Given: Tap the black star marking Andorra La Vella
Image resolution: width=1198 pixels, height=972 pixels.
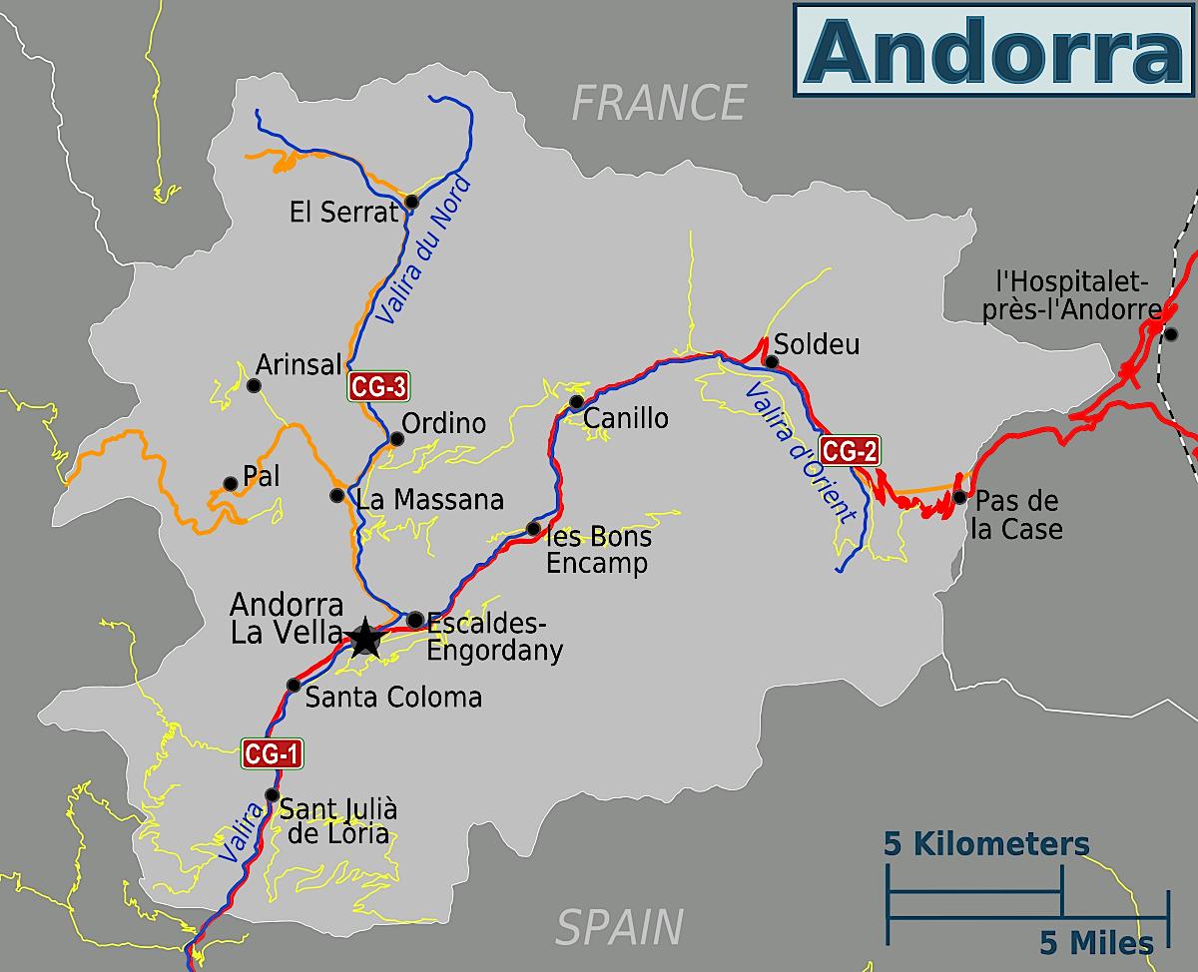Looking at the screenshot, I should point(365,636).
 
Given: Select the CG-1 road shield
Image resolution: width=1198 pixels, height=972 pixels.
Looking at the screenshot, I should point(272,754).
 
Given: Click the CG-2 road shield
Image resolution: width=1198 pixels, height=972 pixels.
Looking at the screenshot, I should point(849,451).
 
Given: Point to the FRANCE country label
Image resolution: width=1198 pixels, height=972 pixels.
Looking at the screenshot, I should point(659,103).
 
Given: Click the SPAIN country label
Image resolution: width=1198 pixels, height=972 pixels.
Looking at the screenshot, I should point(620,926).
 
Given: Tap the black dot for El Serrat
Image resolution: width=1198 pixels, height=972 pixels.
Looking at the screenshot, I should point(411,203).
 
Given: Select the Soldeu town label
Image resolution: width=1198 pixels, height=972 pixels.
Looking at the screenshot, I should point(817,345).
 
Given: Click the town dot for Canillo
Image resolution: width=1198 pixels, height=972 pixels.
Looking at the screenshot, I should point(576,402).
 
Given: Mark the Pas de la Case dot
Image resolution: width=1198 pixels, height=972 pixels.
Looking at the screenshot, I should point(959,497).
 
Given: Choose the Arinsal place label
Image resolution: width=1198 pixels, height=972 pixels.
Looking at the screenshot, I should point(299,364).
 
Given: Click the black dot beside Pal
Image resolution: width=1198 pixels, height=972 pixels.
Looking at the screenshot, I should point(231,484).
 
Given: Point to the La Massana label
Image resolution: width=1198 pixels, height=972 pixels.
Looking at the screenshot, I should point(430,499).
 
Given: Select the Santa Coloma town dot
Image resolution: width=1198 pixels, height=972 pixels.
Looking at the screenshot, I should point(294,685).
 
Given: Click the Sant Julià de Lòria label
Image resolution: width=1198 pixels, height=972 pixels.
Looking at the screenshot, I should point(337,821).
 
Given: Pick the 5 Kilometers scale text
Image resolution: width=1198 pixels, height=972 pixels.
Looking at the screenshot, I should point(986,844).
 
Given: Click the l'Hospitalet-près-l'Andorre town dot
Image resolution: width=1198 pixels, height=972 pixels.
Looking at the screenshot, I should point(1171,333).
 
